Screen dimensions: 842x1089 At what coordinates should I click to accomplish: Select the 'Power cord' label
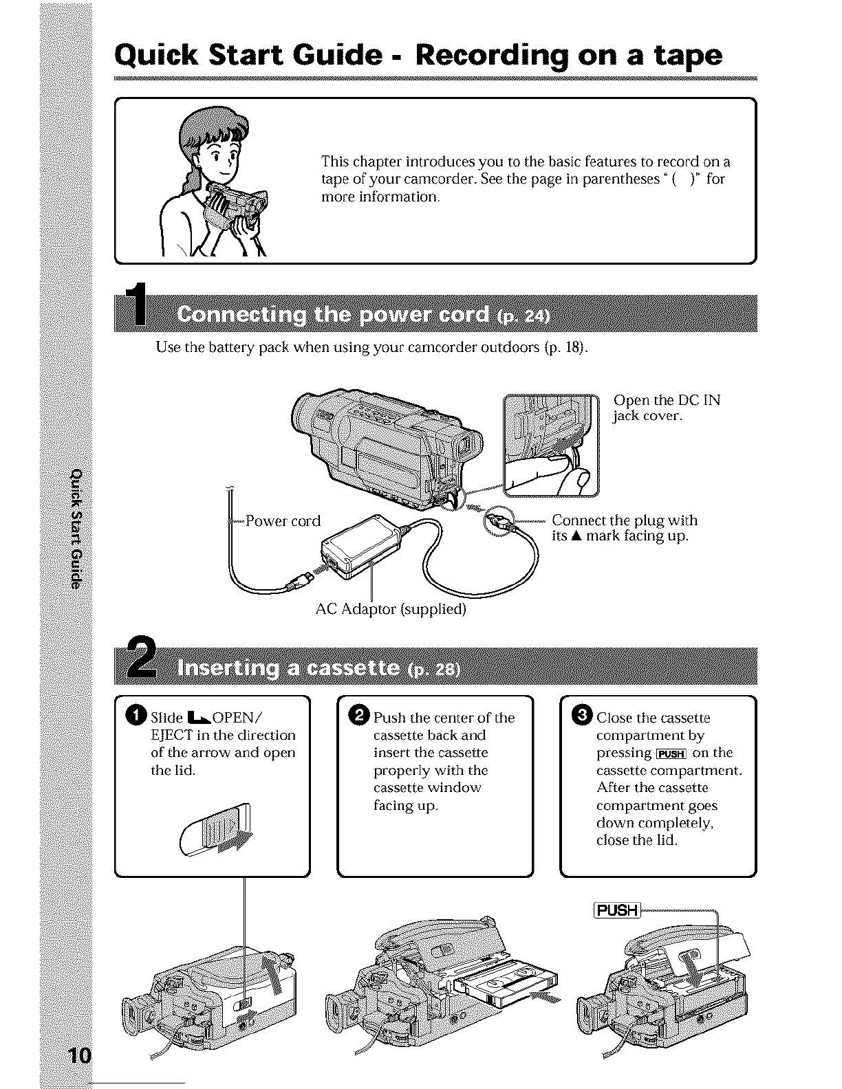pos(283,521)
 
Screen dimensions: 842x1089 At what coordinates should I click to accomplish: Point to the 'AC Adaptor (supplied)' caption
pos(391,609)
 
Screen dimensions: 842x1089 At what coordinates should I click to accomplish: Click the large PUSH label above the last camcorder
pos(616,910)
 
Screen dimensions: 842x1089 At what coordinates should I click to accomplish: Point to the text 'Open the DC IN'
pos(666,400)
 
